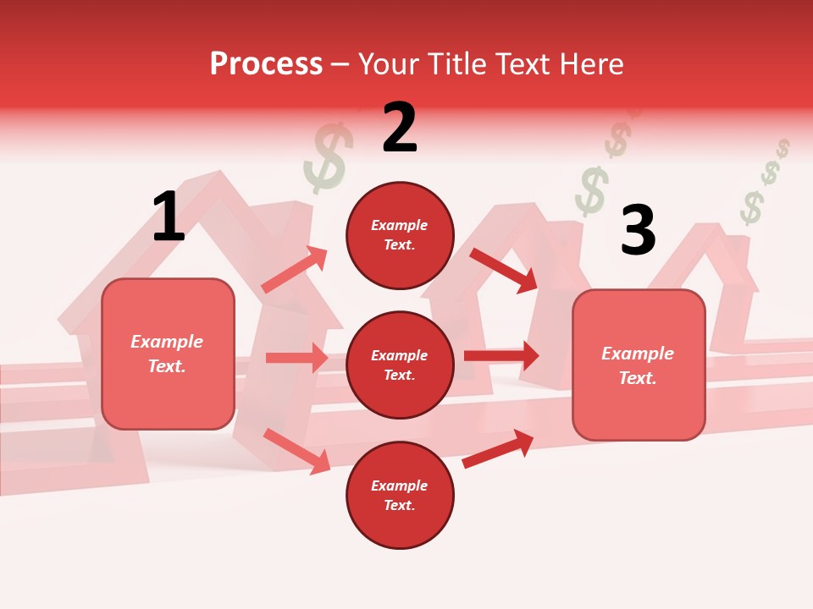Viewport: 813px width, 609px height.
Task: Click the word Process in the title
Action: (266, 64)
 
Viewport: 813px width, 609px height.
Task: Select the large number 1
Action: (169, 217)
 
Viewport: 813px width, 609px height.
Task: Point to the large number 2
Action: (400, 128)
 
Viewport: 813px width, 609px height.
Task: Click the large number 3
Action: (638, 230)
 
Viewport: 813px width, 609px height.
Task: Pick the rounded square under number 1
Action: (168, 354)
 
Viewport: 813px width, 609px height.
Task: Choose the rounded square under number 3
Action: (639, 365)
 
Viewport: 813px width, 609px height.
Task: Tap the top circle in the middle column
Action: (400, 235)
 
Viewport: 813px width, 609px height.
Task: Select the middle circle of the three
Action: (400, 365)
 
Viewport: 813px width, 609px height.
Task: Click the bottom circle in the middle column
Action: (400, 495)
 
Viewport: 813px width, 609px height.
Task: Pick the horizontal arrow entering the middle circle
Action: (296, 358)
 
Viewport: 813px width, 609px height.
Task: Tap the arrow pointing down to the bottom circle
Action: (296, 451)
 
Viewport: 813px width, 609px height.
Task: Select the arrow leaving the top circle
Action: (504, 270)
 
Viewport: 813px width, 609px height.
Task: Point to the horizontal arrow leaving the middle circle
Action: (501, 355)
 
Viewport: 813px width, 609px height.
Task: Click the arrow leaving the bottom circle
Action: (498, 448)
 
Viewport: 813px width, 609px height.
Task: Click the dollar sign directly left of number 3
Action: (591, 191)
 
